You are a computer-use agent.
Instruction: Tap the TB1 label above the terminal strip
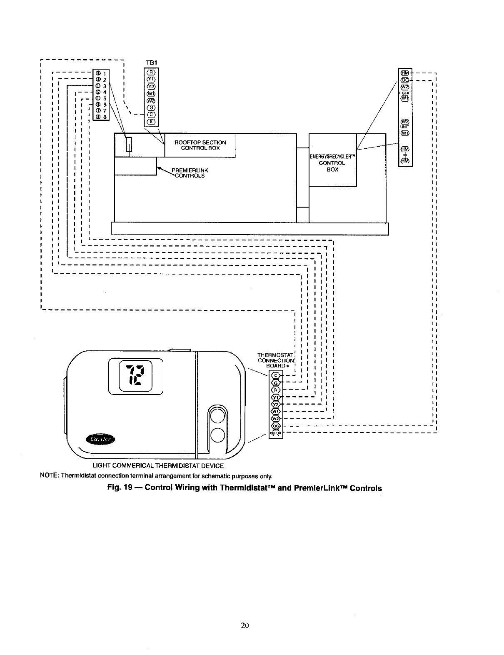tap(151, 62)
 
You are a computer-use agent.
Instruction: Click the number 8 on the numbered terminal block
tap(105, 117)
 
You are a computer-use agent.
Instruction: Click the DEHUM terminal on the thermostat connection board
tap(276, 434)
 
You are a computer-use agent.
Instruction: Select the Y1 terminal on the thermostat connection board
tap(276, 397)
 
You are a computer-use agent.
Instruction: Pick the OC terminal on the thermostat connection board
tap(276, 426)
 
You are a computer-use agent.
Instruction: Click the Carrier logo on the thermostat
tap(102, 439)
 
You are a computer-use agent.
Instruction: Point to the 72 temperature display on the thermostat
tap(135, 374)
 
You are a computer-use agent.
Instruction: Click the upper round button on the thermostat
tap(218, 417)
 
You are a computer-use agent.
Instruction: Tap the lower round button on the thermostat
tap(218, 435)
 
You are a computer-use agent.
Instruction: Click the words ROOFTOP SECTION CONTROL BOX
tap(200, 145)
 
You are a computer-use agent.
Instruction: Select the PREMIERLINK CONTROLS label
tap(190, 173)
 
